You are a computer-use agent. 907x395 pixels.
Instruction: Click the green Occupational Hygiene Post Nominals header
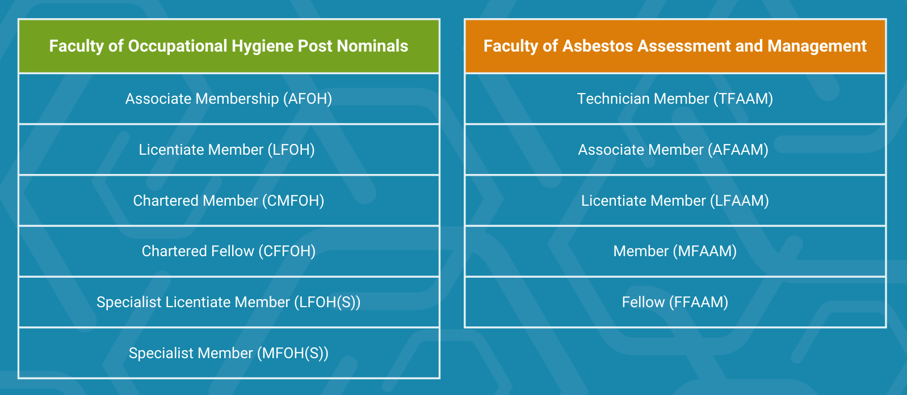(229, 46)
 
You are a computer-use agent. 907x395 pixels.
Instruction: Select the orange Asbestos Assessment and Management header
(675, 46)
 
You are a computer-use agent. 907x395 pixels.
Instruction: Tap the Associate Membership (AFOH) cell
(229, 99)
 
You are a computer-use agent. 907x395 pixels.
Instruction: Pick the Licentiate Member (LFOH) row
(229, 150)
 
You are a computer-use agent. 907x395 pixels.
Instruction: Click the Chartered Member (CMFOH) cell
(229, 201)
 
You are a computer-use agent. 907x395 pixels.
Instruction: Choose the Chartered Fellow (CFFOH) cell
(229, 251)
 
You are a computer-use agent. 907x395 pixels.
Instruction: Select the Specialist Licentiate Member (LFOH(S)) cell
(229, 302)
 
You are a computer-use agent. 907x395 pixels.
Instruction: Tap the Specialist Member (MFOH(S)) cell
(229, 353)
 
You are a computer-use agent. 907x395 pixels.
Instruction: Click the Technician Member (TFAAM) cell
(675, 99)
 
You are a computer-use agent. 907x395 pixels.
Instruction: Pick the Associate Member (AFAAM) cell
(675, 150)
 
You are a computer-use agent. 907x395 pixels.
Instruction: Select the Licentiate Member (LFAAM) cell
(675, 201)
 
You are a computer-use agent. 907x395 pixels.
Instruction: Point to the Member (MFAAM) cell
(675, 251)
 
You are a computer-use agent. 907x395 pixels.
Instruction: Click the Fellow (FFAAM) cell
(675, 302)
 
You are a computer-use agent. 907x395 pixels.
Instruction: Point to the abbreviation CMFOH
(293, 201)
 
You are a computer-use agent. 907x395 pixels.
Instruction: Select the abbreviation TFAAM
(743, 99)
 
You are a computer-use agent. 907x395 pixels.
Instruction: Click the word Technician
(613, 99)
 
